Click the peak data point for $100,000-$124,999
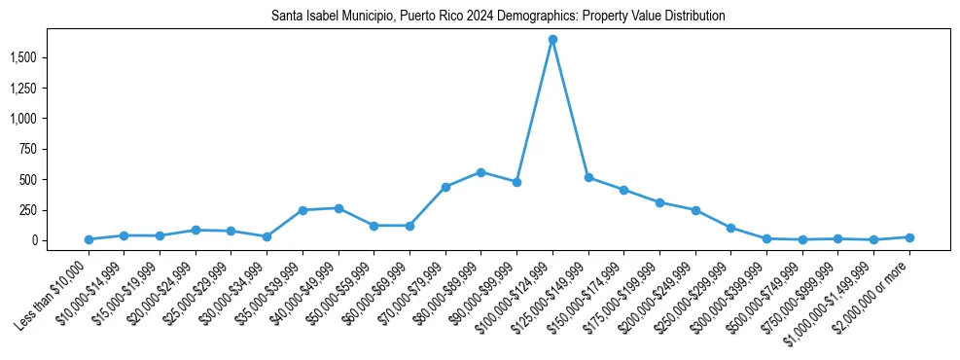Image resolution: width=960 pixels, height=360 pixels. pos(552,40)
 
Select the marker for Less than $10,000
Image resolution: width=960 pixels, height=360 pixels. pos(89,239)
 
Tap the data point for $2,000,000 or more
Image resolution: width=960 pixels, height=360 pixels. pos(909,237)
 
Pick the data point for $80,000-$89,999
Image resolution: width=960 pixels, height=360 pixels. pos(480,172)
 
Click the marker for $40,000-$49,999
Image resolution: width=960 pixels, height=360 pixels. pos(338,208)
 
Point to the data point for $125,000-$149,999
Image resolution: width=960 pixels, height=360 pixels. pos(588,177)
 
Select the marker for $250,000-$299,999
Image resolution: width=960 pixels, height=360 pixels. pos(730,228)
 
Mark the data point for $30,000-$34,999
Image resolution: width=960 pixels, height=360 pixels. pos(267,236)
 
